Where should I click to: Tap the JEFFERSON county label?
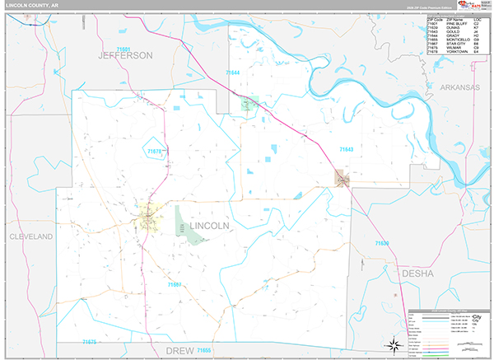(x=125, y=55)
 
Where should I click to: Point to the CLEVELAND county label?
(x=30, y=236)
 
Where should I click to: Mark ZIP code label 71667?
(x=174, y=285)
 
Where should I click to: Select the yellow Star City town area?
(x=147, y=217)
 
